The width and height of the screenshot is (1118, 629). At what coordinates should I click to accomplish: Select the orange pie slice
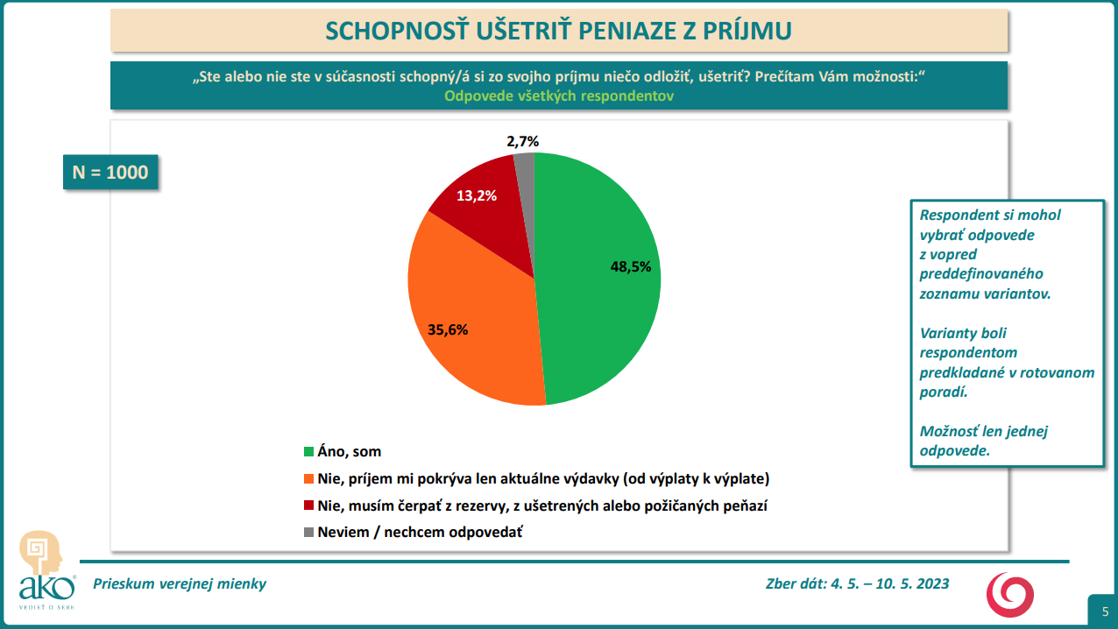473,333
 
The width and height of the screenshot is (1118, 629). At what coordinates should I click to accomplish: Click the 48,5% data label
631,267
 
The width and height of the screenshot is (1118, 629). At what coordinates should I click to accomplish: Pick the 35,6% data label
448,330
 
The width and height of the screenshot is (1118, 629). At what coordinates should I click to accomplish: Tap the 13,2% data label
477,196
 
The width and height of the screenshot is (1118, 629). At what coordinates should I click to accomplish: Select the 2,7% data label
522,140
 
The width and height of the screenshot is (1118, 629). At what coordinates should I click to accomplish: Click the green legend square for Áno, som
308,452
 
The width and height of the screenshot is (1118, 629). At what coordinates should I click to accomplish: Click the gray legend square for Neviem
308,533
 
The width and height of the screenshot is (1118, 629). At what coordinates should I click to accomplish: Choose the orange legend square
308,479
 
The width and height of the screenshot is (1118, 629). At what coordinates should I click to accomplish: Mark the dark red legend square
308,506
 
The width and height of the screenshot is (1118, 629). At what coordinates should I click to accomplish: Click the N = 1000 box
110,172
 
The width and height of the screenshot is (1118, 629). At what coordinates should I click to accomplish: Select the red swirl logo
1010,593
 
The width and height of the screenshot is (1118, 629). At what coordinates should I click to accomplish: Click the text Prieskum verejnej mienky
180,583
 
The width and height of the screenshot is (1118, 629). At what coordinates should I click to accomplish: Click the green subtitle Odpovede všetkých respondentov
559,96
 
